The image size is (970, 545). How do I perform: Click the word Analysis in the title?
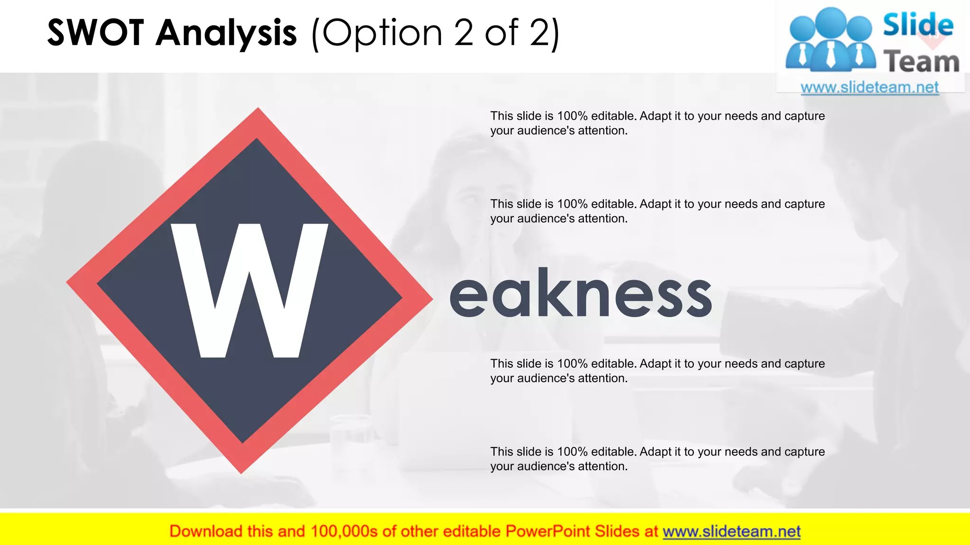click(x=226, y=33)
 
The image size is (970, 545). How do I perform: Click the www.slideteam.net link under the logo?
click(x=870, y=88)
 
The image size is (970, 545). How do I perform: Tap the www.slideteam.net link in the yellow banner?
click(x=731, y=531)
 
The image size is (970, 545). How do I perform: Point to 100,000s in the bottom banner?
click(x=344, y=531)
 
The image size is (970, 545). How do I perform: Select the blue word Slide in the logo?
click(x=918, y=25)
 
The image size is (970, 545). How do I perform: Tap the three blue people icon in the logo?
click(x=831, y=40)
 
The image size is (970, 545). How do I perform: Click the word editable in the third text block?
click(x=613, y=363)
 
